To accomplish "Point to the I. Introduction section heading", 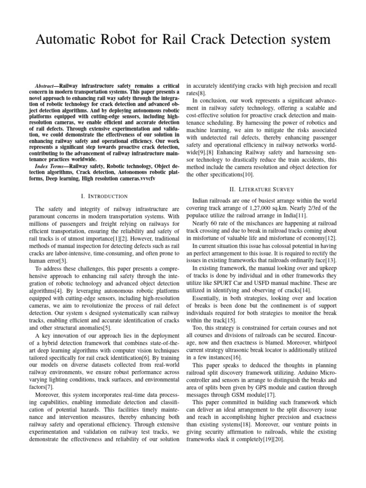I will click(x=104, y=196).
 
